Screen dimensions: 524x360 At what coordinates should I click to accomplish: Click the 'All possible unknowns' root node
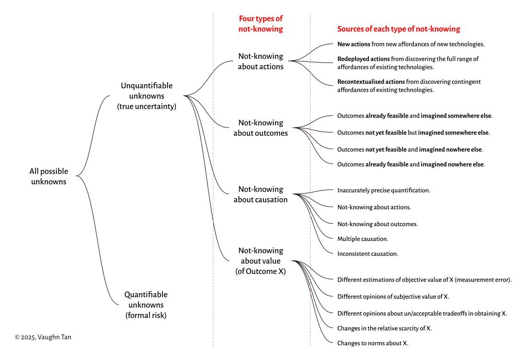49,177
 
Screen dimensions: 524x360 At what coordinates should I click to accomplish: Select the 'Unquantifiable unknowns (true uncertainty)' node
147,96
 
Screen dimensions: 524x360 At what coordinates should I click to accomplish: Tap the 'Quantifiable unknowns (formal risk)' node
146,305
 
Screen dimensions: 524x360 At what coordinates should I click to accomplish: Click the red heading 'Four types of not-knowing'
261,24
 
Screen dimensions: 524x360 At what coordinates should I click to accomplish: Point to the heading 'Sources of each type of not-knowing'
399,29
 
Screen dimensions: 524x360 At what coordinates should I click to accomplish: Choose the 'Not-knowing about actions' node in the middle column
261,61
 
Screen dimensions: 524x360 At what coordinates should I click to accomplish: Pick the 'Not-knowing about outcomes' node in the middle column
261,128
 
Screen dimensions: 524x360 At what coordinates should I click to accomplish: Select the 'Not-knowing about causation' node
261,195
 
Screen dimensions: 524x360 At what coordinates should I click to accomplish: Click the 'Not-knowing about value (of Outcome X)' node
261,261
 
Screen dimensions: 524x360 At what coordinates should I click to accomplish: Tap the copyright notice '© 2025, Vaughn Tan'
43,337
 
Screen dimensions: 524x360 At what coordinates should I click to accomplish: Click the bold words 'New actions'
354,44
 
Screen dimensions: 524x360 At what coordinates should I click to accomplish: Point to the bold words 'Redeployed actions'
363,59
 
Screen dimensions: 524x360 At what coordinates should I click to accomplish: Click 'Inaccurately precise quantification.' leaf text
384,190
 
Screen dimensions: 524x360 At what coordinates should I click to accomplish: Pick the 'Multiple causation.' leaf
362,239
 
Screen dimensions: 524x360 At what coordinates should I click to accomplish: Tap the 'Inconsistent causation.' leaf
368,253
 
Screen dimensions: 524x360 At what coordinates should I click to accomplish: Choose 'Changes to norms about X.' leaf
373,343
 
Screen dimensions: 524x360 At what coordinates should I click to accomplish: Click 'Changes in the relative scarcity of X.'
384,328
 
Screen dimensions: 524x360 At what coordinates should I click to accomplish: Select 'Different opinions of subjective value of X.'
393,297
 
